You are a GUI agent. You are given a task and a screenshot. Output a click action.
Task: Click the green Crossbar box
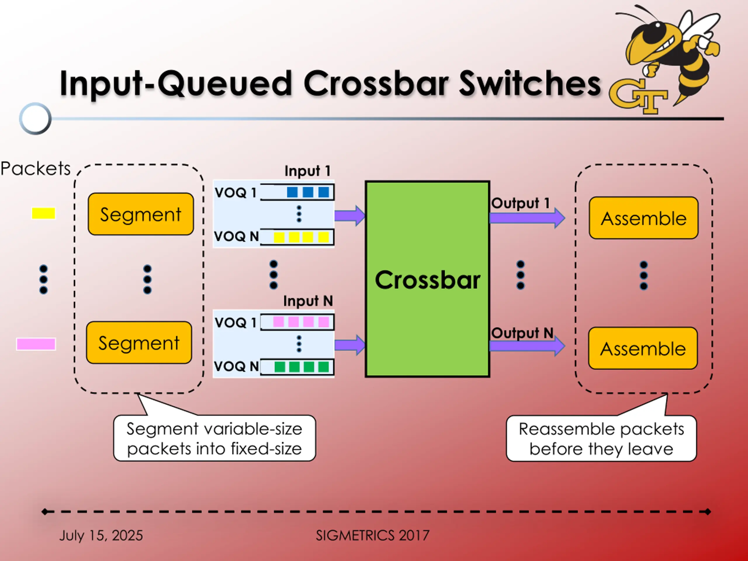pyautogui.click(x=427, y=279)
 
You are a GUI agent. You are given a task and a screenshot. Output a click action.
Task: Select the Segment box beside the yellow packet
pyautogui.click(x=141, y=214)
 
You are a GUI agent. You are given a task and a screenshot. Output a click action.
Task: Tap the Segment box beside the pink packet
pyautogui.click(x=139, y=342)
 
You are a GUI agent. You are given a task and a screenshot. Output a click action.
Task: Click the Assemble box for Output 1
pyautogui.click(x=643, y=218)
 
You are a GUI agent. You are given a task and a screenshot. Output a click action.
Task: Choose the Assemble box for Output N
pyautogui.click(x=643, y=348)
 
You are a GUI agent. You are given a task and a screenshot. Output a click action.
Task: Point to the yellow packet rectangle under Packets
pyautogui.click(x=43, y=213)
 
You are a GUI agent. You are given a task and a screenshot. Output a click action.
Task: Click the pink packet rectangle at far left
pyautogui.click(x=36, y=344)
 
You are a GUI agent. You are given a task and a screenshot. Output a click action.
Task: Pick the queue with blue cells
pyautogui.click(x=297, y=192)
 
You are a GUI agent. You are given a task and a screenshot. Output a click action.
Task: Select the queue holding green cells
pyautogui.click(x=297, y=367)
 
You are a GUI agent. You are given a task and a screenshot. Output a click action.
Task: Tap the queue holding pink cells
pyautogui.click(x=297, y=322)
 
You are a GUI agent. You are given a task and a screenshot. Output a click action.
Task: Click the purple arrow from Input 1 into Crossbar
pyautogui.click(x=350, y=215)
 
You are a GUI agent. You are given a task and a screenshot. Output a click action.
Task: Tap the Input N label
pyautogui.click(x=308, y=301)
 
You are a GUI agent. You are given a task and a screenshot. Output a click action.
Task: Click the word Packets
pyautogui.click(x=36, y=168)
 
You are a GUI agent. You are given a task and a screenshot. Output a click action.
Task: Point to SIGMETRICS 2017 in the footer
pyautogui.click(x=373, y=535)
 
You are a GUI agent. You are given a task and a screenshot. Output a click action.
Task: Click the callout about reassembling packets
pyautogui.click(x=601, y=438)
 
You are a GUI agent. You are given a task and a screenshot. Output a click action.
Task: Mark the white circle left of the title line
pyautogui.click(x=35, y=118)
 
